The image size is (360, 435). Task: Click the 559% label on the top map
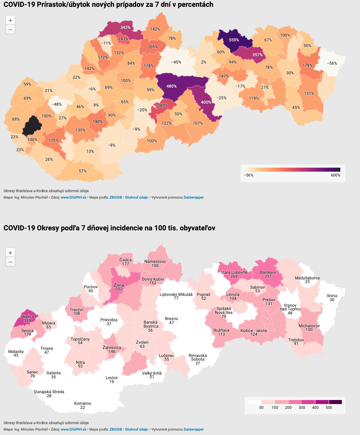234,40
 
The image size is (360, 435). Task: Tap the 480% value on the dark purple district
172,86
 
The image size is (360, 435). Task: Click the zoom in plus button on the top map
10,20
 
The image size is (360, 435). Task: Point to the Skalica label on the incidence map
28,316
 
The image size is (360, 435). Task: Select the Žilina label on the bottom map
119,285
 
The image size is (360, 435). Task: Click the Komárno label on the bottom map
82,403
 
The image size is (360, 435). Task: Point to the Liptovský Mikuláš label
176,294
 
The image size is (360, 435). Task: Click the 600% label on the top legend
335,175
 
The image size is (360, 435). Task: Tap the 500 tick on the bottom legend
329,408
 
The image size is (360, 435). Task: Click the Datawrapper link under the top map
194,197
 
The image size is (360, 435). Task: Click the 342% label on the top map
125,27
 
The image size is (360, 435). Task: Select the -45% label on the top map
176,62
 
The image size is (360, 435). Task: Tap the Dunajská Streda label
49,392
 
